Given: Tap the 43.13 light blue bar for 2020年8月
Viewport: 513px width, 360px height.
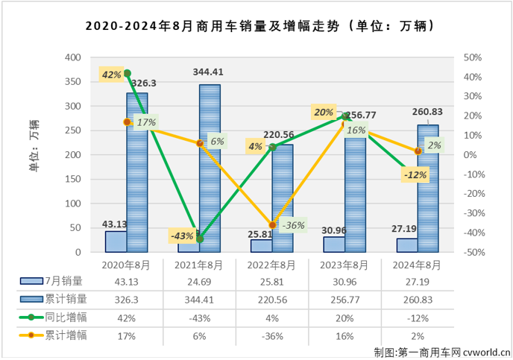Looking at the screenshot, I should click(116, 241).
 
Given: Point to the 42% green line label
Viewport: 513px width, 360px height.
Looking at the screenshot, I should click(111, 75).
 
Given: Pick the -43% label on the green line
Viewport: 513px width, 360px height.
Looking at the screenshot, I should click(183, 236).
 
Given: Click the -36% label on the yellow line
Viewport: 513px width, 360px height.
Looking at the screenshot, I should click(293, 226).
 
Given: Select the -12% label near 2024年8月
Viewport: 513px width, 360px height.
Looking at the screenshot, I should click(414, 174).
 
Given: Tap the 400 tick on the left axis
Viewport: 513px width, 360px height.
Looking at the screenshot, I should click(72, 57).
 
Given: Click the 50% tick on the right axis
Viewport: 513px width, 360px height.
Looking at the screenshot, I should click(473, 57).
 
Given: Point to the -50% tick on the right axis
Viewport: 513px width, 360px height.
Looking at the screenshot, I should click(473, 253).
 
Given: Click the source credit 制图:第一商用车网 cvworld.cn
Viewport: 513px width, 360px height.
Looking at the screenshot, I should click(442, 352).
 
